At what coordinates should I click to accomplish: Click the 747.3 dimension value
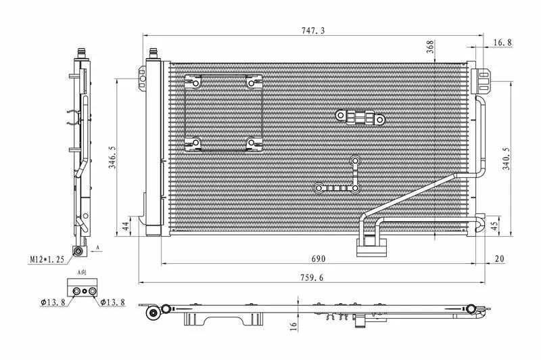coord(313,30)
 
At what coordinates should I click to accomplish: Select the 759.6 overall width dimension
coord(312,277)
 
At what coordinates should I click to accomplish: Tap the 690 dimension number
coord(319,258)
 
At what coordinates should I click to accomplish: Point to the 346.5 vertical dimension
coord(112,158)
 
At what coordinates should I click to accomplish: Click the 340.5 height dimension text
coord(506,159)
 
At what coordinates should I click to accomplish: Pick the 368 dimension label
coord(430,47)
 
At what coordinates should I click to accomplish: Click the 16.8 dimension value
coord(502,43)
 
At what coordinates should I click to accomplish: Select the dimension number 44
coord(126,227)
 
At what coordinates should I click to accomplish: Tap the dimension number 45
coord(494,226)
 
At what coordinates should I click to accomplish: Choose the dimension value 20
coord(499,258)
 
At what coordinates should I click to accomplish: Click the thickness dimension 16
coord(293,326)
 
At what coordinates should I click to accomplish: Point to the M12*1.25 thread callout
coord(47,260)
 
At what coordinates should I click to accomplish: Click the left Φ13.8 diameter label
coord(53,302)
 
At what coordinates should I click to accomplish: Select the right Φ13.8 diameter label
coord(112,302)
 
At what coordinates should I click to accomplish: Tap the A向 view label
coord(82,272)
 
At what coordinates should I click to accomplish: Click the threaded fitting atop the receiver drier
coord(154,53)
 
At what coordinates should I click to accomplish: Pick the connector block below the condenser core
coord(371,246)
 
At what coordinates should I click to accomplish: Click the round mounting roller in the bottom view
coord(152,313)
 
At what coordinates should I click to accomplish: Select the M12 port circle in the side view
coord(78,251)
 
